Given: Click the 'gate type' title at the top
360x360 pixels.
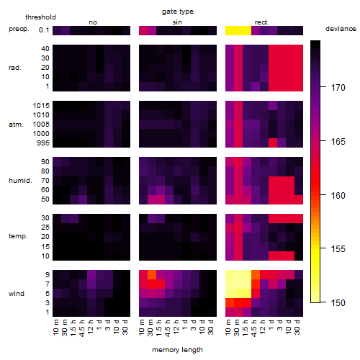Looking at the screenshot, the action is pyautogui.click(x=178, y=12).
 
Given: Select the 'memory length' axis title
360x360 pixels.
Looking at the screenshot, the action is pyautogui.click(x=177, y=350).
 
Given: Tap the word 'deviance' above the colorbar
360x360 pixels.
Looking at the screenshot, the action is pyautogui.click(x=341, y=29).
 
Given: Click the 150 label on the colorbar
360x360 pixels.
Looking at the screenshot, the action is pyautogui.click(x=338, y=303).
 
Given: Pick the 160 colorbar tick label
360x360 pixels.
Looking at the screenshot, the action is pyautogui.click(x=338, y=196).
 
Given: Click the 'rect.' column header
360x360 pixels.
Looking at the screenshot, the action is pyautogui.click(x=262, y=22).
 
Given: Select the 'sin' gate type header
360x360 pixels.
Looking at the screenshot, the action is pyautogui.click(x=177, y=22).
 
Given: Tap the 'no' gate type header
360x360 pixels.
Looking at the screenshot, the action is pyautogui.click(x=93, y=22).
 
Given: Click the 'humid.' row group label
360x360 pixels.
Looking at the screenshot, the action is pyautogui.click(x=20, y=181).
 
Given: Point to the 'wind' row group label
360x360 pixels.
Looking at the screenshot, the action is pyautogui.click(x=17, y=294).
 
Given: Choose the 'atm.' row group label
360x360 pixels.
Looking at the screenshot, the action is pyautogui.click(x=16, y=125).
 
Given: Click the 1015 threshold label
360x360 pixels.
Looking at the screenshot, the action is pyautogui.click(x=41, y=105).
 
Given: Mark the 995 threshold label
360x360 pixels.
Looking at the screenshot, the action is pyautogui.click(x=43, y=143).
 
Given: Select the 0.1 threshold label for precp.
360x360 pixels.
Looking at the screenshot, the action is pyautogui.click(x=44, y=30).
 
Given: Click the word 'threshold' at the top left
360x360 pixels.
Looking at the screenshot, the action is pyautogui.click(x=40, y=17).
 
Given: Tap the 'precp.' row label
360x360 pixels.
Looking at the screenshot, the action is pyautogui.click(x=19, y=29).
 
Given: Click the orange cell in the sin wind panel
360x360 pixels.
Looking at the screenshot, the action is pyautogui.click(x=152, y=275).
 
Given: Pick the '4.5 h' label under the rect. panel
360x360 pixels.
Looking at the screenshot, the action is pyautogui.click(x=254, y=328).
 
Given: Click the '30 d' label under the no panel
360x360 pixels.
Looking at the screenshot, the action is pyautogui.click(x=125, y=327).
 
